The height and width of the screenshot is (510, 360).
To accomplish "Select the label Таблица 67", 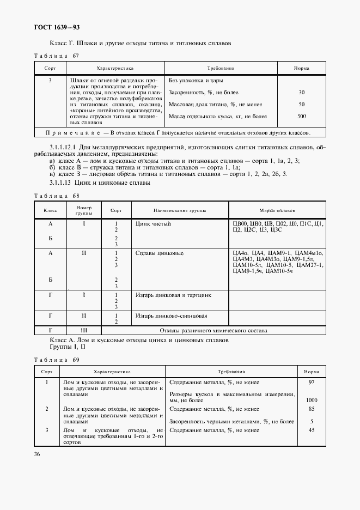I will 57,56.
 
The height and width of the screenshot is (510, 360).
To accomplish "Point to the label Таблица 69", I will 57,360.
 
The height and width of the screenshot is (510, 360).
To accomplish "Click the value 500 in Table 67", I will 301,116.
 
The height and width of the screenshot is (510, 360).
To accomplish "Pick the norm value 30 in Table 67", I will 301,92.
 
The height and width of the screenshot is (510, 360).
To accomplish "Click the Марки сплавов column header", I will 277,210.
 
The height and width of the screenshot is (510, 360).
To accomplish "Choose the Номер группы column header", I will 84,210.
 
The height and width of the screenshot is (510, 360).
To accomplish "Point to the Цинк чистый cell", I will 153,223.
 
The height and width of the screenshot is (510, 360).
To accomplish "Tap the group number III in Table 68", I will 84,330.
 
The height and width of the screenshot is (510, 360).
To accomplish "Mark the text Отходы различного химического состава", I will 213,330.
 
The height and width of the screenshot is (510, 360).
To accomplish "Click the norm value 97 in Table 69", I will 312,382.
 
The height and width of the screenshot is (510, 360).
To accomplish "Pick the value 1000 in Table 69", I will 312,400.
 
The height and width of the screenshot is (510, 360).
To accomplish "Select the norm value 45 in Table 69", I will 312,430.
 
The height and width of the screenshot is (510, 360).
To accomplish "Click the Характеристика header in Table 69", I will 112,371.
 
